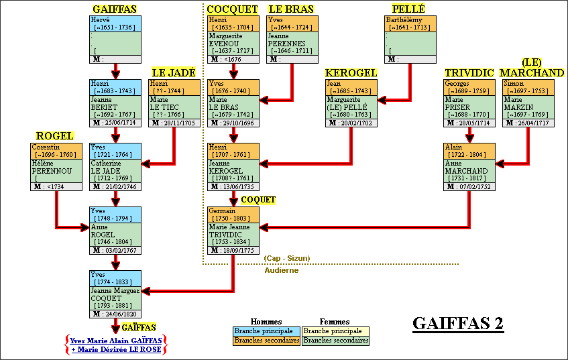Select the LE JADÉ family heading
(x=174, y=72)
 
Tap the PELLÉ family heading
(x=408, y=9)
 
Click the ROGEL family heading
(x=54, y=136)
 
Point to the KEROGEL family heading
(x=351, y=72)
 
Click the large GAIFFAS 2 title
(x=458, y=322)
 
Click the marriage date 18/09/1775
(x=239, y=250)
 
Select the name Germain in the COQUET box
(x=222, y=211)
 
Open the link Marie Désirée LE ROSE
(x=119, y=349)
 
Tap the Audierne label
(x=282, y=270)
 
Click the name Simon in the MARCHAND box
(x=514, y=84)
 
